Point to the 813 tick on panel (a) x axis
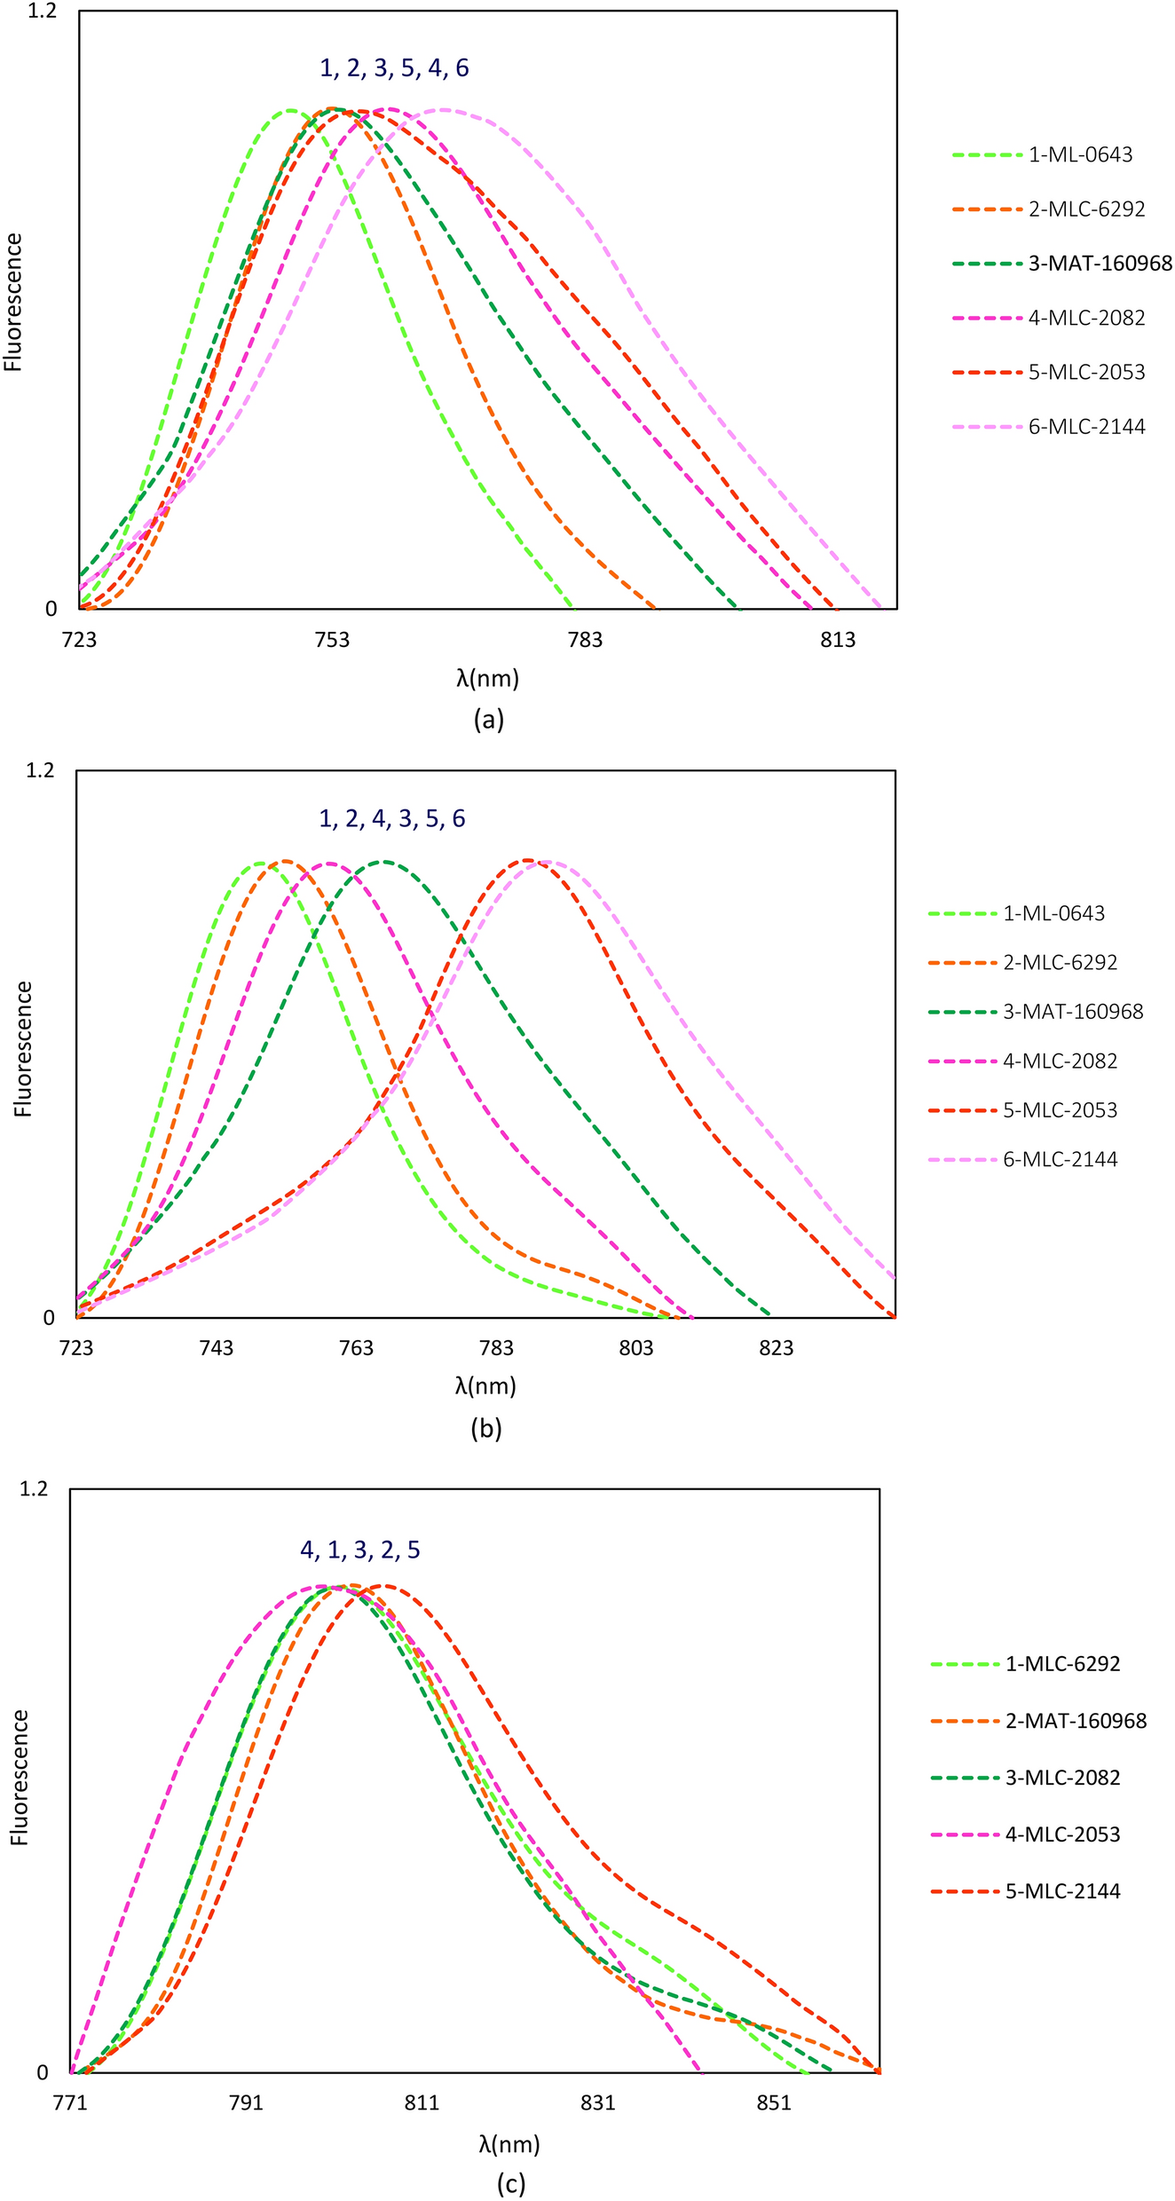838,640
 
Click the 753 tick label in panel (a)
332,640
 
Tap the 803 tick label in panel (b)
636,1349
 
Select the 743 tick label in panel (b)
217,1349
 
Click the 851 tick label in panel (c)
773,2104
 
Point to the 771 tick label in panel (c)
70,2104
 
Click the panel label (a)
489,720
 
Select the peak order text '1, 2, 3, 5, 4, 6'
394,68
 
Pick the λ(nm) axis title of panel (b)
485,1386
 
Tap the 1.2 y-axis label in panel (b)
40,770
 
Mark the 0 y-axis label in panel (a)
51,609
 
